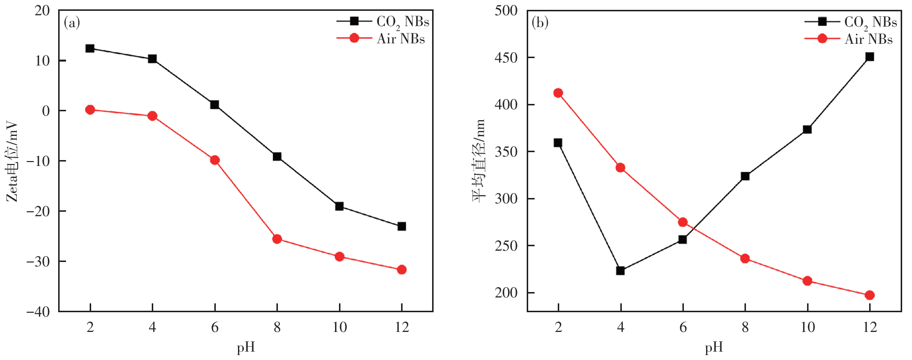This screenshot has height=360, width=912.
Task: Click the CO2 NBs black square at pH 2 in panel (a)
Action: click(90, 48)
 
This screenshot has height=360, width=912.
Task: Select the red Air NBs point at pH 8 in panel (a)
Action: click(277, 239)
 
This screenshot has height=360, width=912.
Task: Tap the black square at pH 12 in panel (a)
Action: click(402, 226)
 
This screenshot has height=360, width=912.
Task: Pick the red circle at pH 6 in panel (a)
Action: click(215, 160)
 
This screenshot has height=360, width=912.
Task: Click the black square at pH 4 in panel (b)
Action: click(620, 270)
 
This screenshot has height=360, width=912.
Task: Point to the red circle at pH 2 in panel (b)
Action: click(558, 93)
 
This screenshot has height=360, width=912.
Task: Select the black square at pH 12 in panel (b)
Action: click(870, 57)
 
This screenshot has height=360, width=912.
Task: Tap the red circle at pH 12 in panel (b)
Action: click(870, 295)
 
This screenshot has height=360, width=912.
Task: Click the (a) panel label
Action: click(72, 23)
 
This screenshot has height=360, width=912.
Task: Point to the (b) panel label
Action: click(540, 23)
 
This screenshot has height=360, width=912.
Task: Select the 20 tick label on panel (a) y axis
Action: click(42, 10)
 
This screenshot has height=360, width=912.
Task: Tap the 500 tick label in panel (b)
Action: click(506, 10)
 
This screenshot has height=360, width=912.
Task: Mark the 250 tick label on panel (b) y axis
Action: click(506, 246)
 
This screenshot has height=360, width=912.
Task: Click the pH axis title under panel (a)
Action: click(246, 348)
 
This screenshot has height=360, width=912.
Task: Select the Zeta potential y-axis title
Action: click(12, 162)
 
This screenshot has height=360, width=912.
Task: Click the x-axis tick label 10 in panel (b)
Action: click(808, 327)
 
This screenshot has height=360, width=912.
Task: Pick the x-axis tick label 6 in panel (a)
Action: click(215, 327)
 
